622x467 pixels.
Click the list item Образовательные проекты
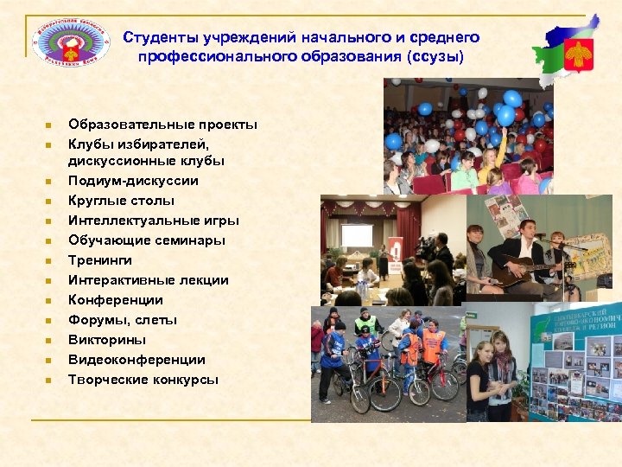(x=162, y=125)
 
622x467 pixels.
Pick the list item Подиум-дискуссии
(x=133, y=181)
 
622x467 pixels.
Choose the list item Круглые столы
(x=116, y=201)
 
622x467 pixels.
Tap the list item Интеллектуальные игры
(x=153, y=221)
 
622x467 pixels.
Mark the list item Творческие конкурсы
(x=143, y=380)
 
